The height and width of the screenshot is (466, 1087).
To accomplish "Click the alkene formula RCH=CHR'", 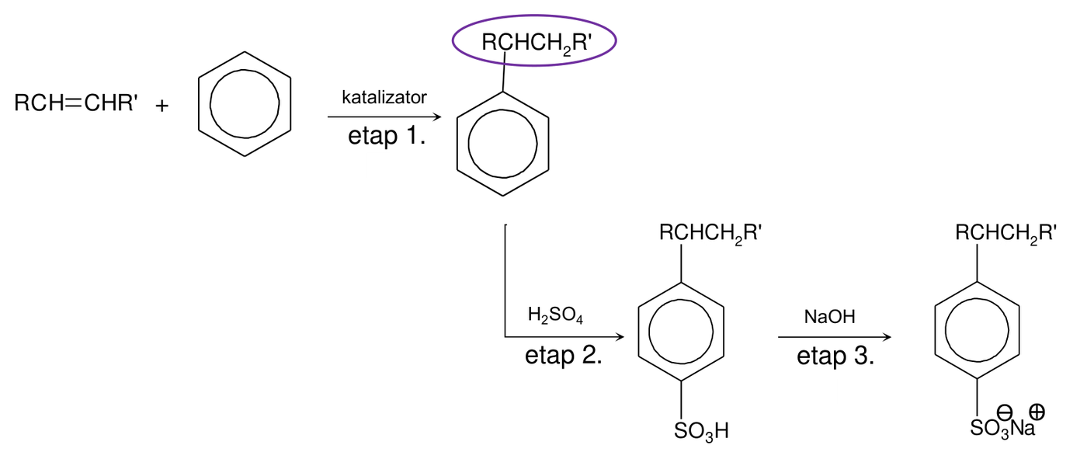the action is (x=76, y=103).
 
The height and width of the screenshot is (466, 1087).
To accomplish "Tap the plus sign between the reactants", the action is (x=162, y=106).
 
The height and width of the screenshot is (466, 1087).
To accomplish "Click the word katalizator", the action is (x=384, y=97).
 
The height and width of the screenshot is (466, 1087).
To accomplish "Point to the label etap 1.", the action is (x=387, y=135).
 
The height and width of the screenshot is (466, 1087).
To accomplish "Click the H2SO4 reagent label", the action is (x=555, y=315).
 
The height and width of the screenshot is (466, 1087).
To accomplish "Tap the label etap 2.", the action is (x=564, y=356).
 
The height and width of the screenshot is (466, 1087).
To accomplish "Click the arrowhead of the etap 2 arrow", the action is (x=620, y=336).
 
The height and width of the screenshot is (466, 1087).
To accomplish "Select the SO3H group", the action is (x=701, y=431).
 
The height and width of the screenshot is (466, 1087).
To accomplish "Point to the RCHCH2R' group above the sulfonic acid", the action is (x=710, y=233).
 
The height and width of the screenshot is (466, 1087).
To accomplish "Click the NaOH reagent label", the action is (x=829, y=317).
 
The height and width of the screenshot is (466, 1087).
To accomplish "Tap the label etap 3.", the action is (x=835, y=356).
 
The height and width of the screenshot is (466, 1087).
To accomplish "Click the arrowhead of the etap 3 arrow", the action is (x=887, y=336).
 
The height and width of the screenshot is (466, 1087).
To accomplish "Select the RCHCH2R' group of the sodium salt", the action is (x=1006, y=233).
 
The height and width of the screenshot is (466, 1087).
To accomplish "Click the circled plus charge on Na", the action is (x=1037, y=412).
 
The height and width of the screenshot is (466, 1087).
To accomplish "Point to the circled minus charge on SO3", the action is (x=1005, y=413).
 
